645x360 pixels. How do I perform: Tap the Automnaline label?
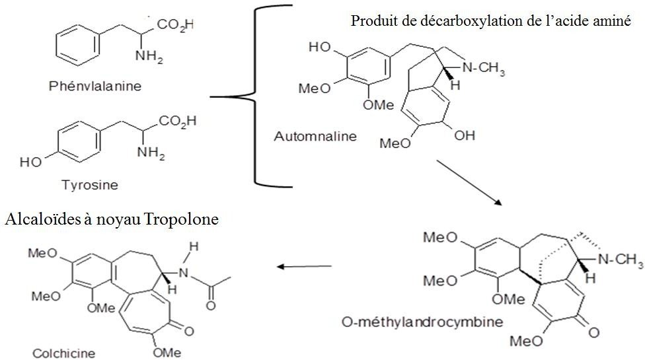point(315,137)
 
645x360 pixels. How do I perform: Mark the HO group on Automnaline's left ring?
point(319,48)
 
